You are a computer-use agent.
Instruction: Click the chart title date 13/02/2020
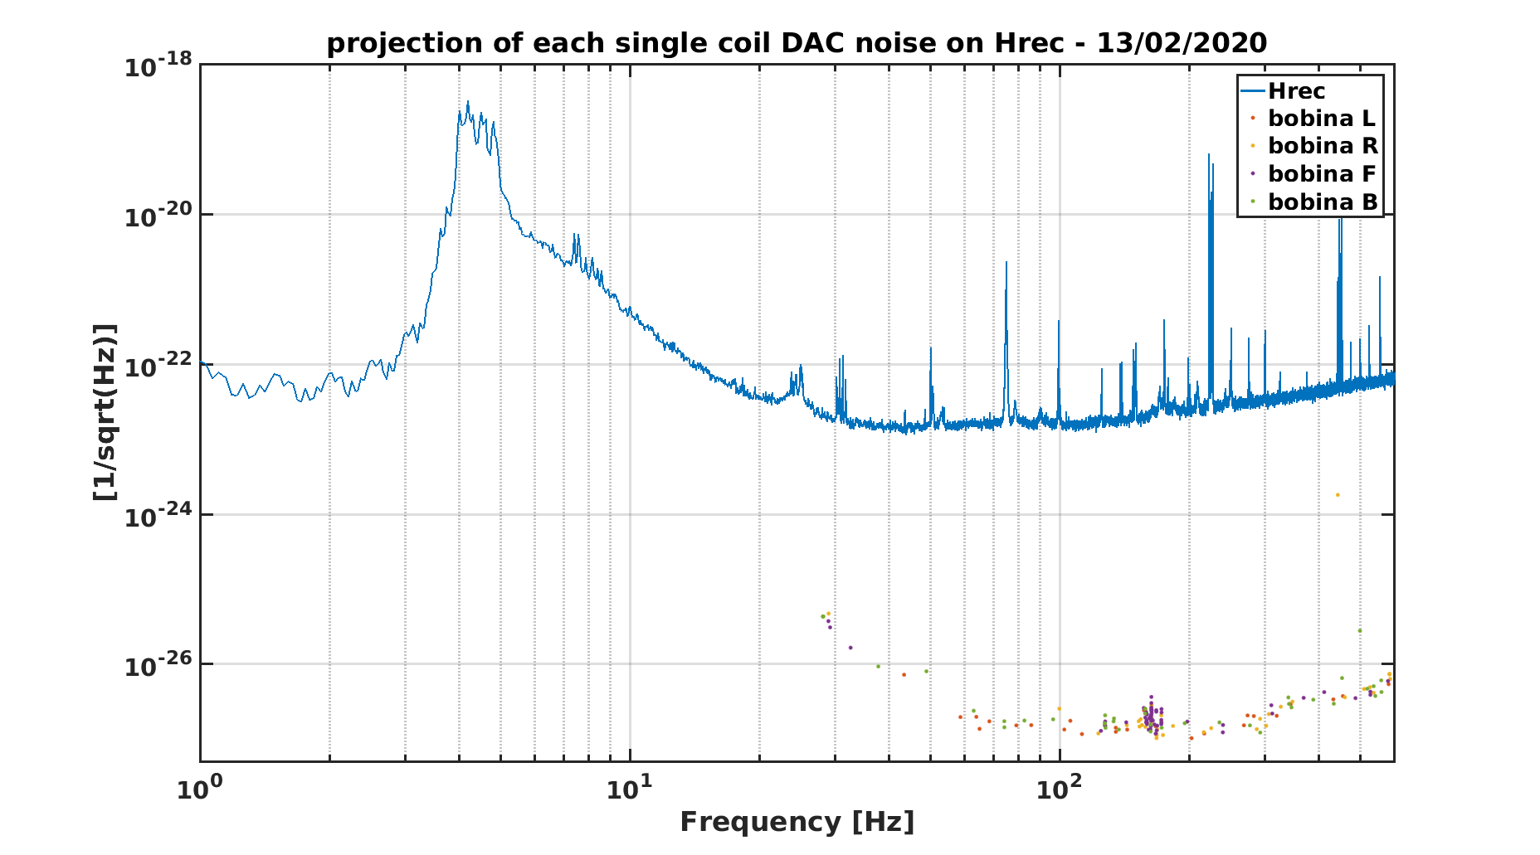[x=1182, y=42]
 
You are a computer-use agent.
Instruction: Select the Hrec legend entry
[x=1283, y=90]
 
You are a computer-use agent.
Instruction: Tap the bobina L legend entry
[x=1312, y=119]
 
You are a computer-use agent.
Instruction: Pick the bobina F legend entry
[x=1312, y=174]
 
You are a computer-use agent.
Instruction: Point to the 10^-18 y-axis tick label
[x=158, y=65]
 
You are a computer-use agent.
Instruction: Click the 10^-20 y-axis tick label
[x=158, y=215]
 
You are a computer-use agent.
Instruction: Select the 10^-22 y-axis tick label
[x=158, y=365]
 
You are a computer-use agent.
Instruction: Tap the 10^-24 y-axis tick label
[x=158, y=515]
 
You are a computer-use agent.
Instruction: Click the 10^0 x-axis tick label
[x=199, y=788]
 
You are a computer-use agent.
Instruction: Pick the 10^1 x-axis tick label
[x=629, y=788]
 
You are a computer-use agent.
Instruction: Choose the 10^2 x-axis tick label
[x=1059, y=788]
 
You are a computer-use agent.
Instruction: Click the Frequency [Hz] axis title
[x=797, y=822]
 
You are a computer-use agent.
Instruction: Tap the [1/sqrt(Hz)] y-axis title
[x=105, y=412]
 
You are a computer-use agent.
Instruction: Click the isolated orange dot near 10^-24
[x=1337, y=495]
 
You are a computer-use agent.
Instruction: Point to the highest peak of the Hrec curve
[x=467, y=102]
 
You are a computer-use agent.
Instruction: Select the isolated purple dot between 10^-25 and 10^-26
[x=850, y=648]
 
